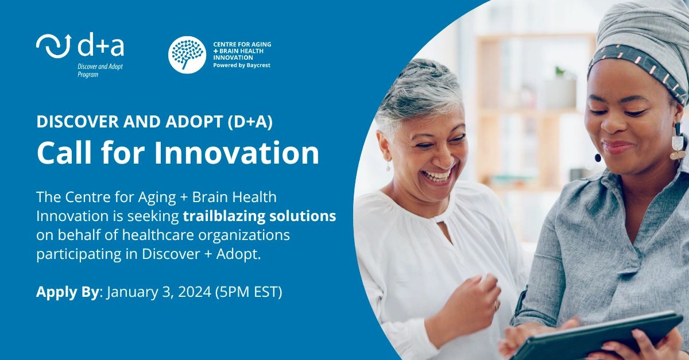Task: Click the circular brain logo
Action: pos(187,55)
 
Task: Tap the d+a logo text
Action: pos(101,45)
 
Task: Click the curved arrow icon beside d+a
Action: pos(54,45)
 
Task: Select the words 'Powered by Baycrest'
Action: pos(242,65)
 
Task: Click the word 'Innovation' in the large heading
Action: pos(237,153)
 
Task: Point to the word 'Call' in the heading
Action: pos(64,153)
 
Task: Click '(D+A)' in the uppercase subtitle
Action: pos(250,122)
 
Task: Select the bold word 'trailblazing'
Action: pos(224,216)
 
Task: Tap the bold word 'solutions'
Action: pos(303,216)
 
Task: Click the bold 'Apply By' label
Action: pos(68,292)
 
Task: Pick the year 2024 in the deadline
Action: pos(195,292)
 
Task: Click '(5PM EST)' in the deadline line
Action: pos(249,292)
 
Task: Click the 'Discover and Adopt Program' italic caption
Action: pos(100,71)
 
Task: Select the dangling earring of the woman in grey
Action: pos(678,142)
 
